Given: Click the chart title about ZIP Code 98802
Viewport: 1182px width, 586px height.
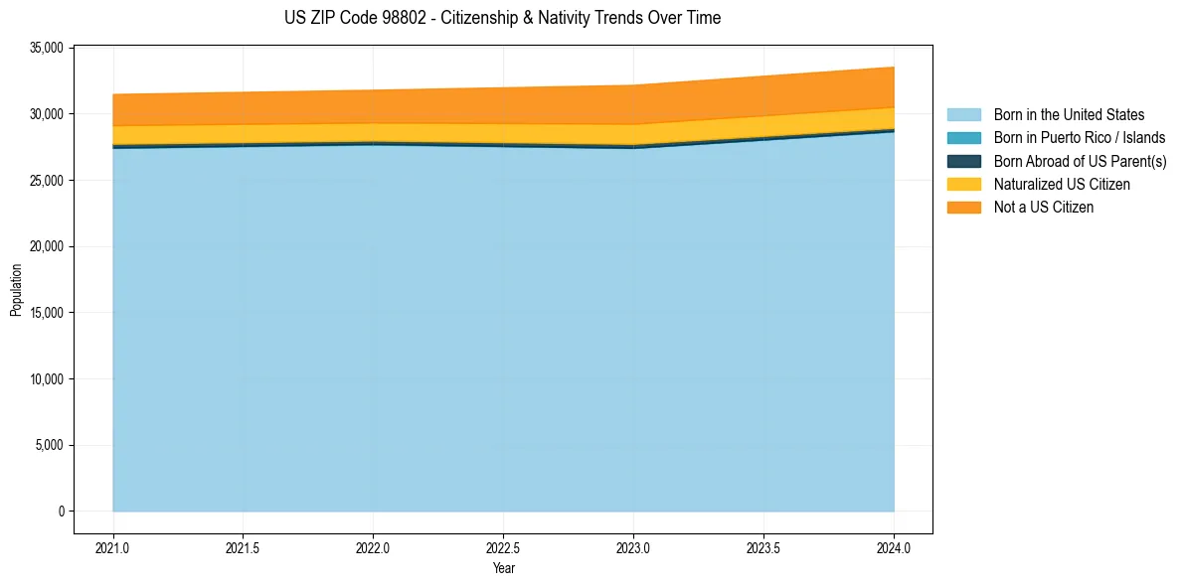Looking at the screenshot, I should (x=502, y=18).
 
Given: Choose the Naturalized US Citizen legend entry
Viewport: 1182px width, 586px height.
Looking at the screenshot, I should (x=1062, y=184).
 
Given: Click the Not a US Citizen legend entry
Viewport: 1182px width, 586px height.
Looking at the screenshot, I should (x=1044, y=207).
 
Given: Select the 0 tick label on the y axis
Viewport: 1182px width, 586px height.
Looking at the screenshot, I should (x=61, y=512).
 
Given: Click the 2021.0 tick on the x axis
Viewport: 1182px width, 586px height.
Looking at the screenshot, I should (x=112, y=547).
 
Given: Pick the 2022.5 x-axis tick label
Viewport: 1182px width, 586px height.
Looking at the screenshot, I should (x=503, y=547).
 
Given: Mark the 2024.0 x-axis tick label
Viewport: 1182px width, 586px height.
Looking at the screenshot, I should (x=894, y=547).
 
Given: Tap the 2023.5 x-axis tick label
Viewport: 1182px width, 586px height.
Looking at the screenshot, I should (x=763, y=547).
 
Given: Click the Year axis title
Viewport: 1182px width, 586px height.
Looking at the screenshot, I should (x=503, y=568).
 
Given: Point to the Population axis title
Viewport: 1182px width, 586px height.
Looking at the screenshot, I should (x=16, y=290).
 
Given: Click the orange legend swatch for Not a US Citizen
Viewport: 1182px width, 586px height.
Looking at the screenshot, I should (x=963, y=207).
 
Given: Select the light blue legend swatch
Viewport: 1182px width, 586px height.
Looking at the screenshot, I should (x=963, y=115).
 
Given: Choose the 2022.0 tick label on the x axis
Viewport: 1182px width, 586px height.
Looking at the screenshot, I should (x=373, y=547).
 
